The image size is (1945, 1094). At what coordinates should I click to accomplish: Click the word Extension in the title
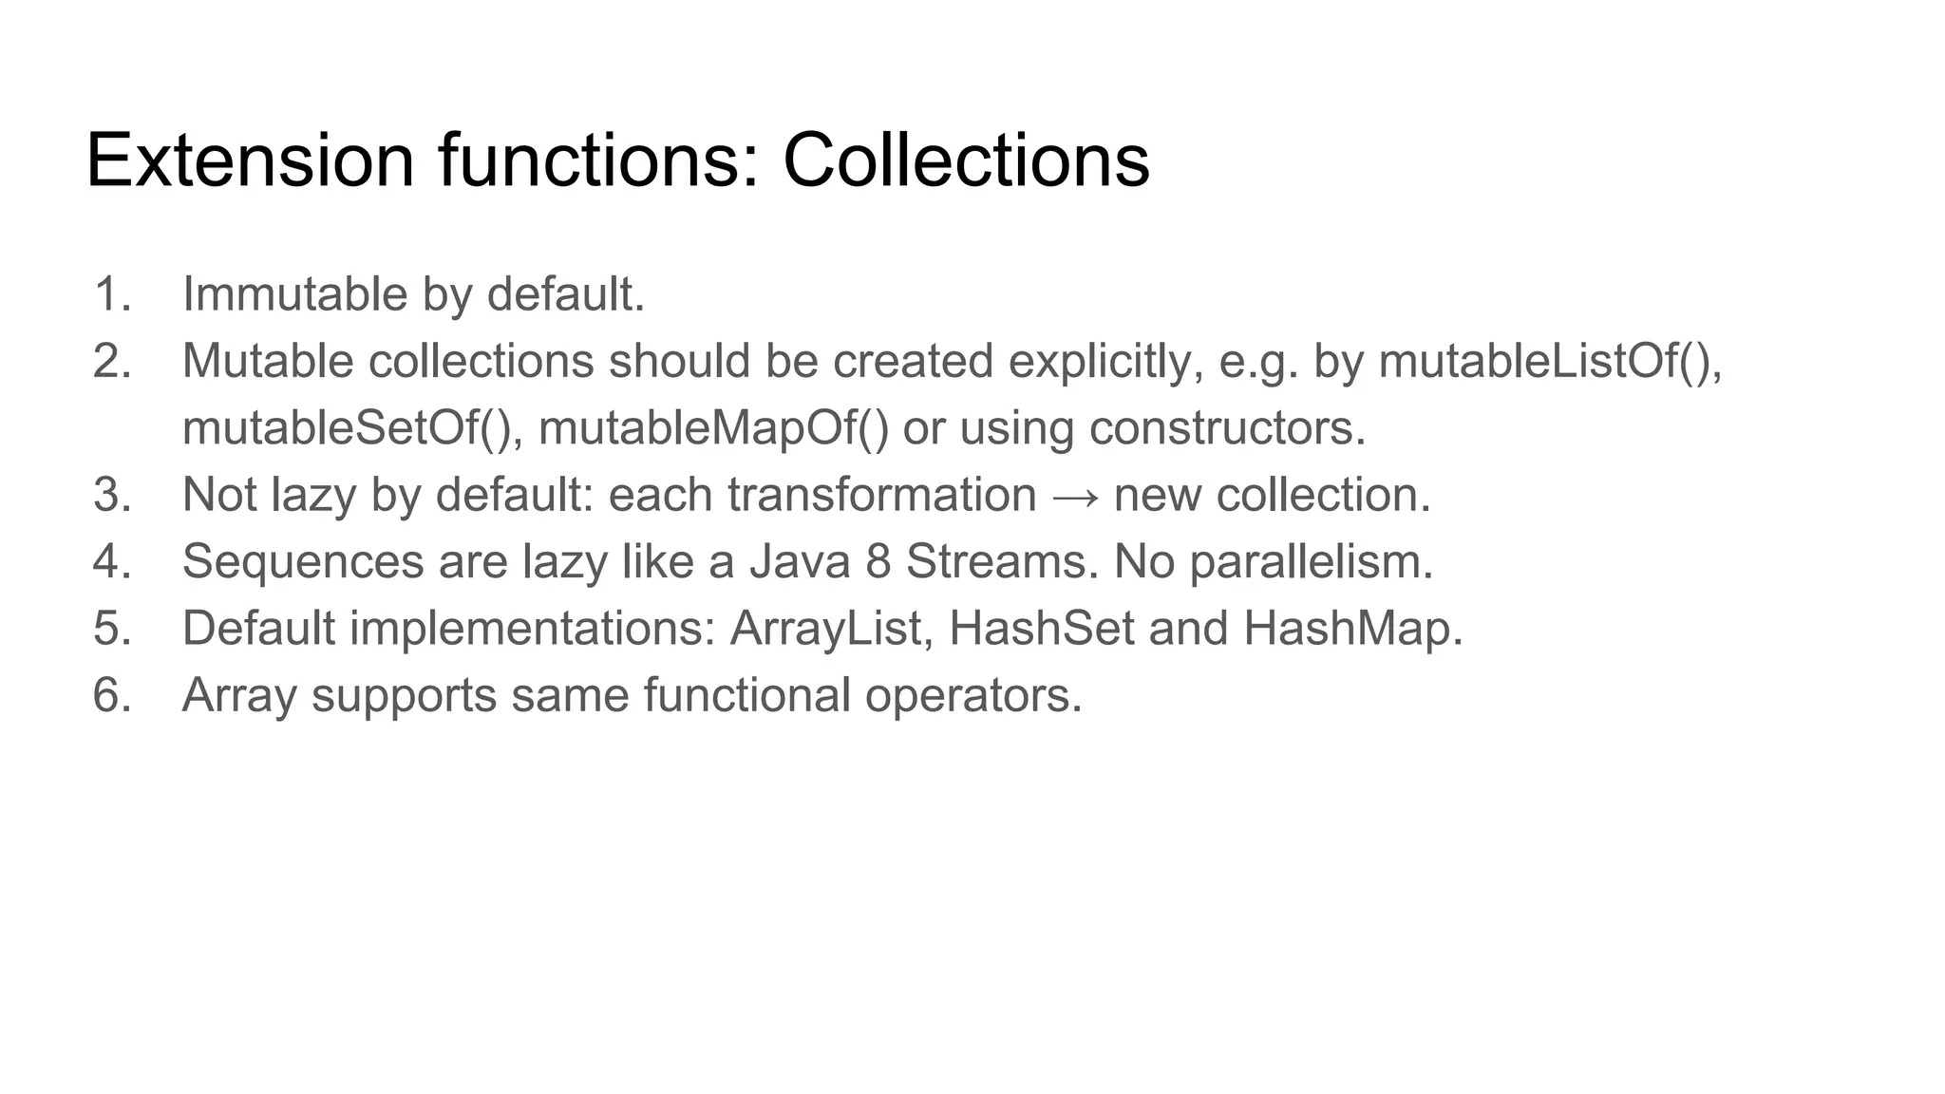[x=250, y=160]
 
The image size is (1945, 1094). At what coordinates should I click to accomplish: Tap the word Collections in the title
[x=966, y=160]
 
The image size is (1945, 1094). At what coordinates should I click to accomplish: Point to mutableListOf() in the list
[x=1548, y=361]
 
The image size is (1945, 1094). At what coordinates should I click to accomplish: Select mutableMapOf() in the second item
[x=713, y=428]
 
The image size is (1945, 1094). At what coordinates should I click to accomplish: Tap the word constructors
[x=1226, y=428]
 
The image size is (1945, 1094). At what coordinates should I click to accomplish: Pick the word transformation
[x=881, y=495]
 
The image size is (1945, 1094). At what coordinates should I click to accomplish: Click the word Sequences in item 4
[x=302, y=561]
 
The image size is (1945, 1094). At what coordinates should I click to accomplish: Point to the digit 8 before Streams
[x=878, y=561]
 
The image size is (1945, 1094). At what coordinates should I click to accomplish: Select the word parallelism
[x=1311, y=561]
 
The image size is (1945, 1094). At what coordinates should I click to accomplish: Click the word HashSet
[x=1041, y=629]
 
